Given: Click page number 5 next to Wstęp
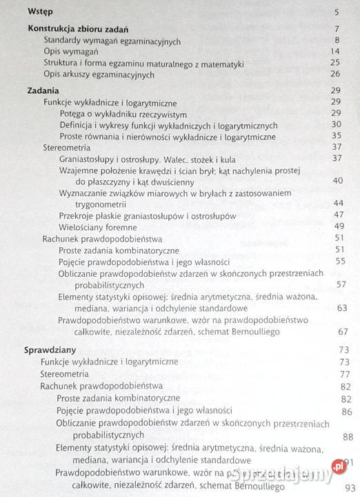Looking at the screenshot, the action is [x=337, y=12].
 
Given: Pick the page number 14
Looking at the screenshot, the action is [x=336, y=52].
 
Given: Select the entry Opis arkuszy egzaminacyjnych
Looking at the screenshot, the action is [x=99, y=74].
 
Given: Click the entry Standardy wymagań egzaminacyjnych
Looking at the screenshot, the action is [x=111, y=41].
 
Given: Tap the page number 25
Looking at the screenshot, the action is [x=336, y=63].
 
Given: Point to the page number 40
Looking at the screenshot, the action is [x=337, y=181].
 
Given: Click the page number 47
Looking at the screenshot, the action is [x=337, y=215].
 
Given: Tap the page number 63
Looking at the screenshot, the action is [x=341, y=308].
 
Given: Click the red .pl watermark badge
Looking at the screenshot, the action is [x=338, y=466].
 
